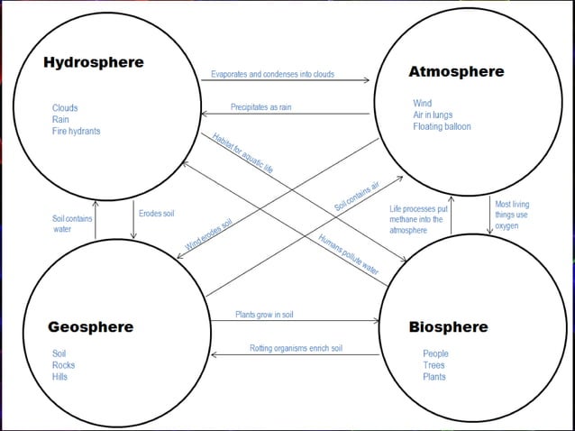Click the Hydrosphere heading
93,63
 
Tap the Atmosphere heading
456,71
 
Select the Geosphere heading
90,326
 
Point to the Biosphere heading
448,326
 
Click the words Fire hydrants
76,131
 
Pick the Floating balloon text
442,127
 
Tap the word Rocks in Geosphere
63,365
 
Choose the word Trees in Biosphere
434,365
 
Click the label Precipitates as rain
260,107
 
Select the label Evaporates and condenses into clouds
272,74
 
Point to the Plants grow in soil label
264,315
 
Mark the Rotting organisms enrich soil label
296,348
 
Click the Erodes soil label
156,214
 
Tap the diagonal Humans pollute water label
348,253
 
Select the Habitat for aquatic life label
242,152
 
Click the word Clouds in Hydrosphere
65,108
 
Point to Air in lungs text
433,115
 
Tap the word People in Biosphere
435,354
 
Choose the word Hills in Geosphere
59,377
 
